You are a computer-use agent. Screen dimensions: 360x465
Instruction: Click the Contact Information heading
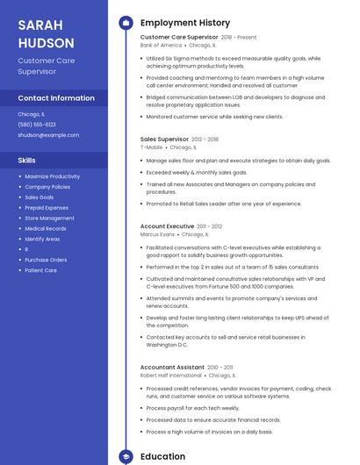click(x=56, y=97)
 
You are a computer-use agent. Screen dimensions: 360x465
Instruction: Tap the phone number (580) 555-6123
click(x=37, y=125)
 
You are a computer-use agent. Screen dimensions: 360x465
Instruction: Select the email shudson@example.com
click(x=48, y=135)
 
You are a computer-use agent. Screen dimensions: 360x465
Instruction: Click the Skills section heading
click(x=27, y=161)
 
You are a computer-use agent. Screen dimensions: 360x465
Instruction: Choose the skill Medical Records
click(x=46, y=228)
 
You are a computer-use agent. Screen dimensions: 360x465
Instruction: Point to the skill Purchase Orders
click(x=46, y=260)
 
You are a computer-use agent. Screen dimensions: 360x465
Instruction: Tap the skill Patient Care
click(x=41, y=270)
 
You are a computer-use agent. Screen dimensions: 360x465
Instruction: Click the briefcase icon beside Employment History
click(x=126, y=22)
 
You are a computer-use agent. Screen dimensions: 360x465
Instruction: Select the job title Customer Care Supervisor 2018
click(x=179, y=38)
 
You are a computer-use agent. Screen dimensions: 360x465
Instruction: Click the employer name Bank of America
click(x=161, y=45)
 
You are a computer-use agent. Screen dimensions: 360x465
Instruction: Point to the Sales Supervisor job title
click(x=164, y=139)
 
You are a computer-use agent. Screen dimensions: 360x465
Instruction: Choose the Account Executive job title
click(x=167, y=226)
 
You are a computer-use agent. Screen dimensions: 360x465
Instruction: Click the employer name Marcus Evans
click(x=157, y=234)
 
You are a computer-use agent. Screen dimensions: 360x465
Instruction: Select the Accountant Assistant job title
click(x=171, y=367)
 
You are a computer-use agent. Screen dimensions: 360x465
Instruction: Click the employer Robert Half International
click(x=170, y=375)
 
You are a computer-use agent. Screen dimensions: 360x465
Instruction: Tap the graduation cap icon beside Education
click(x=126, y=456)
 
